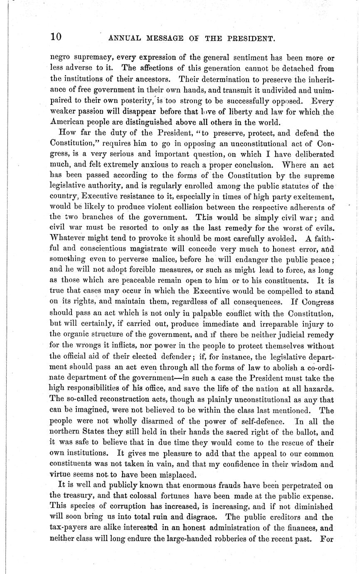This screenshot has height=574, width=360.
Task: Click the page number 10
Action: coord(56,37)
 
